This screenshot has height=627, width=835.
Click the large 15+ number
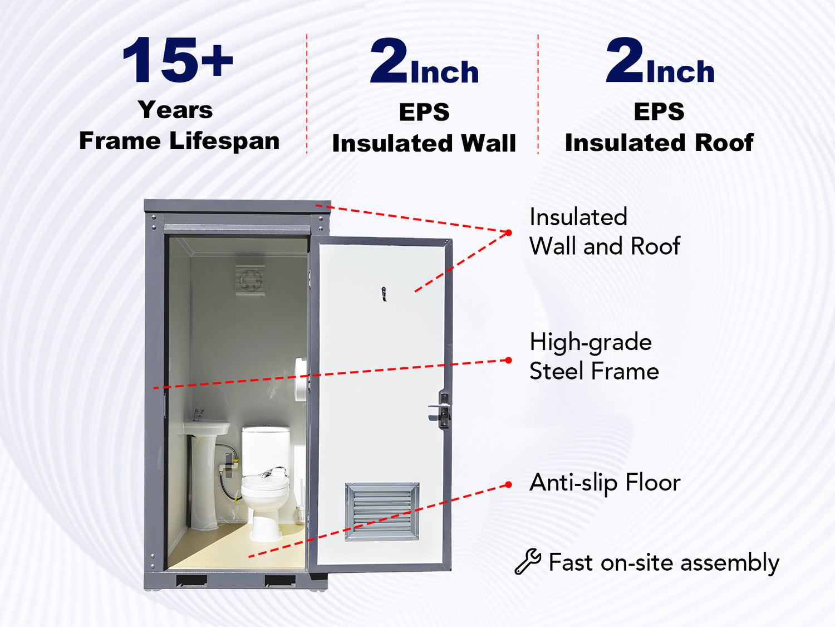pyautogui.click(x=178, y=60)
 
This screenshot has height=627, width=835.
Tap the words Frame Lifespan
pyautogui.click(x=179, y=141)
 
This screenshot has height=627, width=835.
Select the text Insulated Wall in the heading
pyautogui.click(x=424, y=143)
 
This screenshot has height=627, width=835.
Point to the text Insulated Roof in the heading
pyautogui.click(x=659, y=143)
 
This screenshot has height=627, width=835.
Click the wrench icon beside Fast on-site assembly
pyautogui.click(x=528, y=561)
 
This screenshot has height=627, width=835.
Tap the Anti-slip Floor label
pyautogui.click(x=605, y=483)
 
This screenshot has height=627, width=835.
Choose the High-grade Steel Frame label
pyautogui.click(x=594, y=356)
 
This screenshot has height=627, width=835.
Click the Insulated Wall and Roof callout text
pyautogui.click(x=605, y=231)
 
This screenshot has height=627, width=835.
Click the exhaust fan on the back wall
pyautogui.click(x=250, y=280)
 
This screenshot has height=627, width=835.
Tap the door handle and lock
pyautogui.click(x=441, y=409)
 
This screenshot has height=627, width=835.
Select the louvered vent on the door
pyautogui.click(x=382, y=511)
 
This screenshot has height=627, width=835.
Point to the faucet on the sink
pyautogui.click(x=198, y=414)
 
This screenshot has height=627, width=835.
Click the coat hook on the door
pyautogui.click(x=384, y=294)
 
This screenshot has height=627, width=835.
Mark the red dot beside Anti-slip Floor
pyautogui.click(x=509, y=485)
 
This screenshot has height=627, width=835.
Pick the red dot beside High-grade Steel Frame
pyautogui.click(x=509, y=360)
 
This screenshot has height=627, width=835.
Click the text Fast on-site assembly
pyautogui.click(x=664, y=562)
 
